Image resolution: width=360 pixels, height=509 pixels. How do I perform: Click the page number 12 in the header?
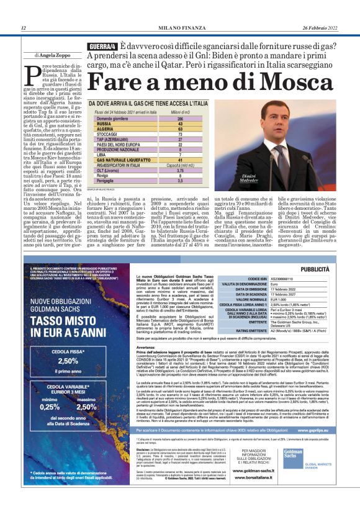24,28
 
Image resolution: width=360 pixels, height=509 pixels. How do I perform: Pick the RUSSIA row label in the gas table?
104,124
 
